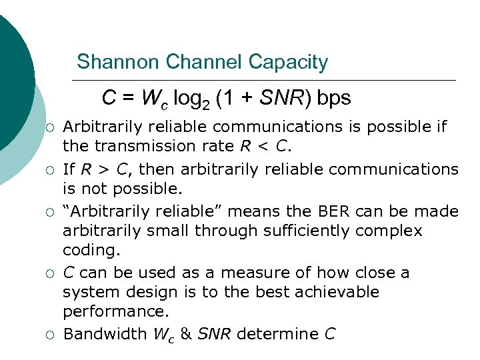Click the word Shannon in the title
pos(118,62)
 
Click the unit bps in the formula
pos(333,98)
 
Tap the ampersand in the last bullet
pos(186,334)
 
